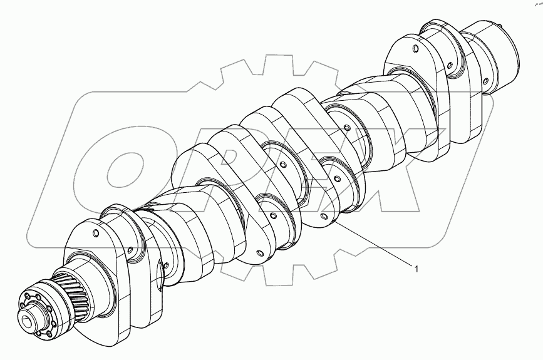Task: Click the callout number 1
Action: [414, 269]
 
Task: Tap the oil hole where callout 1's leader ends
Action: [324, 217]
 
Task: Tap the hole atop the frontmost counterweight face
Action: [95, 234]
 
